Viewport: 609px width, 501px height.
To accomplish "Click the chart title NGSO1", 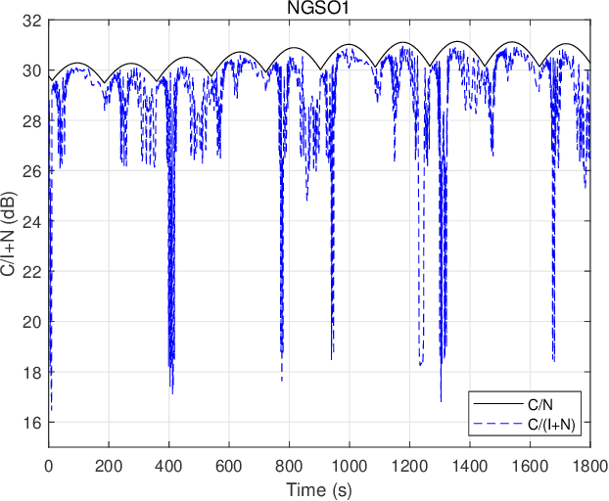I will (x=318, y=9).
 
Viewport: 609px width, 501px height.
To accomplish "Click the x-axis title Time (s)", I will (x=318, y=487).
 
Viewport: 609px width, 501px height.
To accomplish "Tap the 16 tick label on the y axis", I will (x=33, y=423).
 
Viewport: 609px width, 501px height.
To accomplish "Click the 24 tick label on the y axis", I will (x=33, y=221).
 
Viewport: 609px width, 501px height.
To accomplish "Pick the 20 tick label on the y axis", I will (x=33, y=322).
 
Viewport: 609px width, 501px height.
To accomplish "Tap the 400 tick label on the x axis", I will (x=169, y=465).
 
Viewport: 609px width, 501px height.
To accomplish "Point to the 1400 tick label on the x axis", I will (x=469, y=465).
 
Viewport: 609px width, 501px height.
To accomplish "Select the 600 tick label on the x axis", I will (x=229, y=465).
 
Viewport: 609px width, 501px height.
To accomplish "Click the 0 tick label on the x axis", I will (x=50, y=465).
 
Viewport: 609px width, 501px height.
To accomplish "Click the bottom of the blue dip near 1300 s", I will (x=441, y=400).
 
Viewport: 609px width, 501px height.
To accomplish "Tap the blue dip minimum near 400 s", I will (x=172, y=392).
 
